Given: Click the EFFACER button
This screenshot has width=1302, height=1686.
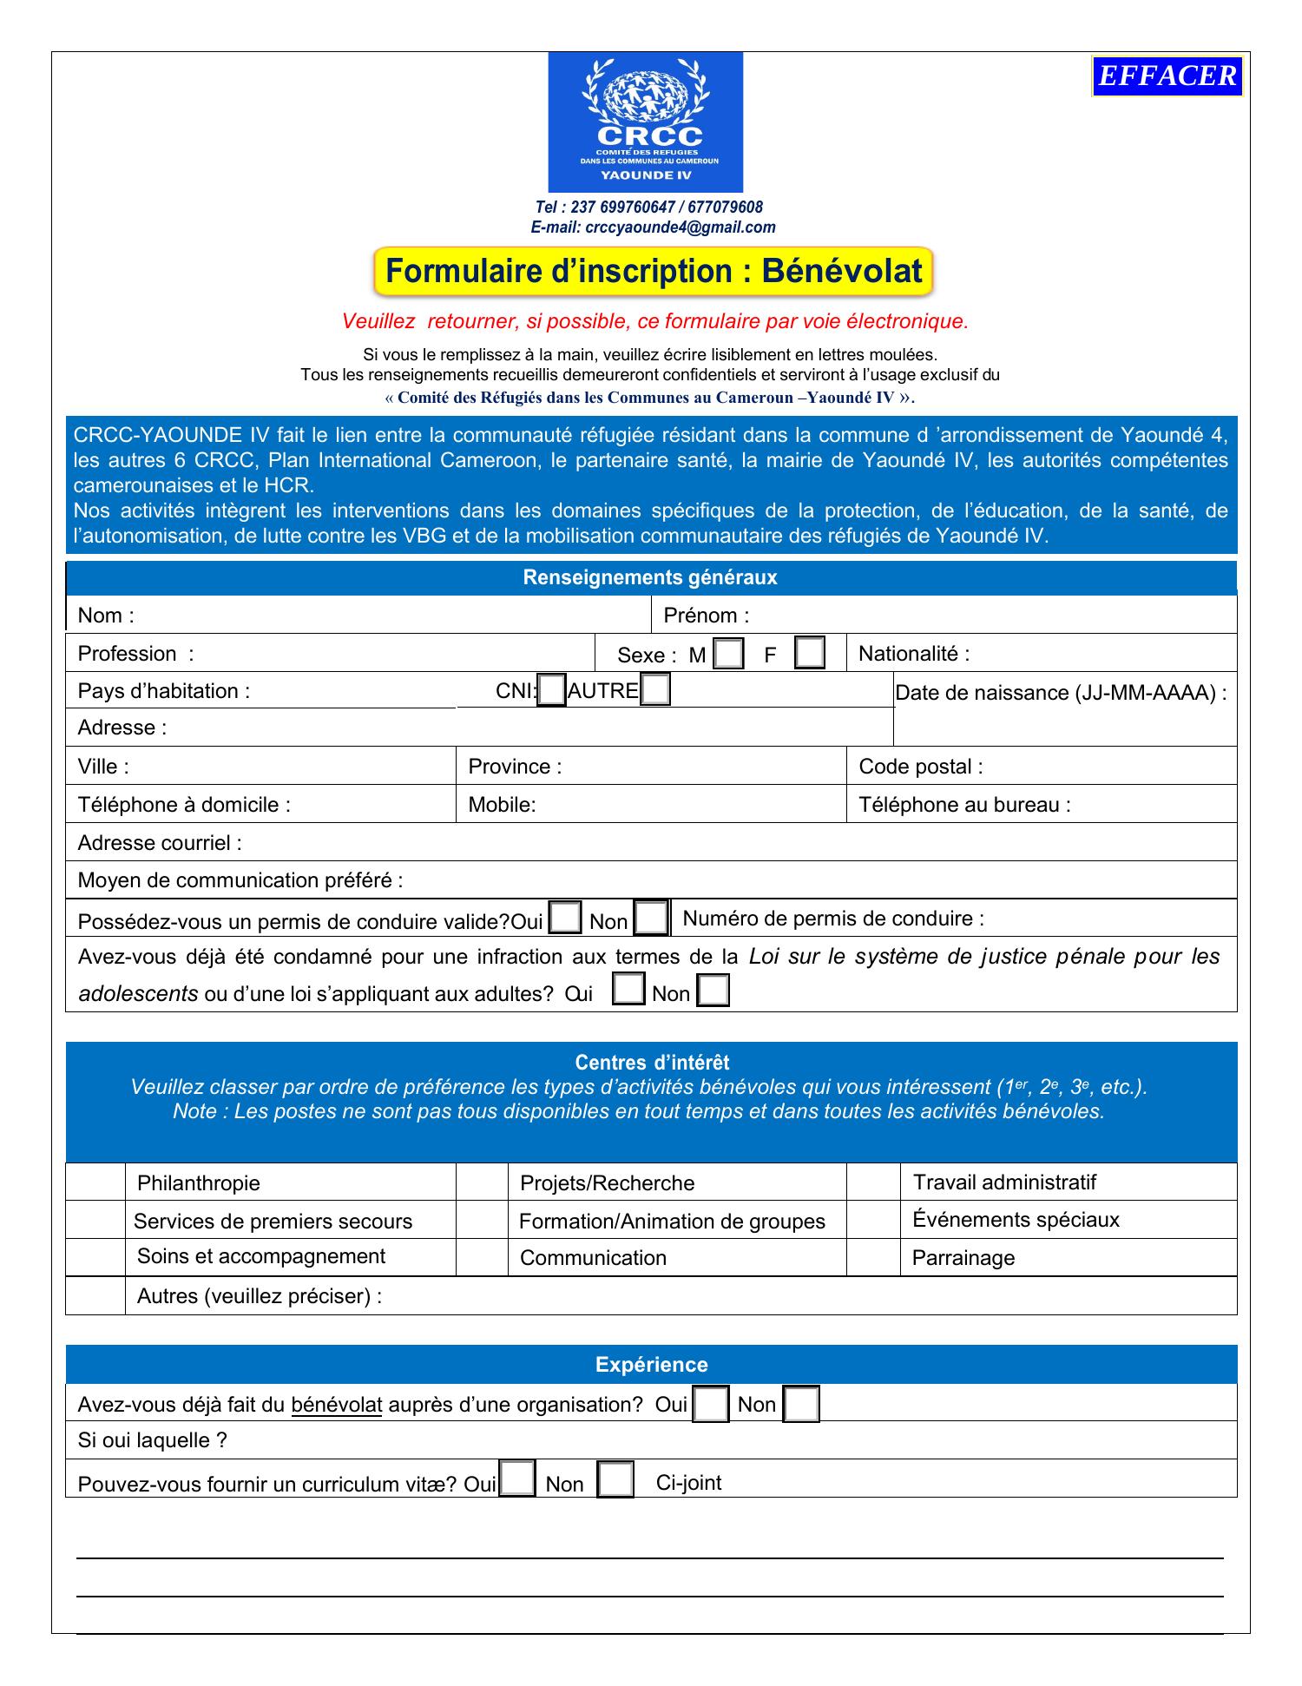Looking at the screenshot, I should point(1167,76).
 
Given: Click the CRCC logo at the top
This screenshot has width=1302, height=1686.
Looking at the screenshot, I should point(645,122).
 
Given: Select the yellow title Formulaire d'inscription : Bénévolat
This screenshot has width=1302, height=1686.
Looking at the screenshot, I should point(653,272).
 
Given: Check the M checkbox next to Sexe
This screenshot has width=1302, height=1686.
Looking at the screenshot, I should point(728,654).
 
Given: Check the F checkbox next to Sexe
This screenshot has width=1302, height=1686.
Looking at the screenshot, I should point(810,653).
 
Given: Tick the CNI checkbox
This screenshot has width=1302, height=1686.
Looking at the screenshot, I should point(551,691).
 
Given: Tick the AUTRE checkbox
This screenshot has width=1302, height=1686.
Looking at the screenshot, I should point(655,690).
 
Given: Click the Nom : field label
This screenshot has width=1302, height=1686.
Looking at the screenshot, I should point(106,616).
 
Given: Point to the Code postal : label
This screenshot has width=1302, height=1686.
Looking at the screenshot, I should point(921,767).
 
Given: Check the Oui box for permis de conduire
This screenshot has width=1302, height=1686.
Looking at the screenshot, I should point(566,919).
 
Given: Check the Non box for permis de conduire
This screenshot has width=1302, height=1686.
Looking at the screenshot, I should point(651,919).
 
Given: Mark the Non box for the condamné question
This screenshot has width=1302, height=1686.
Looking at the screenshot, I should point(713,991).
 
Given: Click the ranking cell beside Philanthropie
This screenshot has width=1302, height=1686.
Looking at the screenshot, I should point(95,1182).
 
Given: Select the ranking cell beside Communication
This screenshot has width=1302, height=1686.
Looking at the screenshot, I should point(482,1257).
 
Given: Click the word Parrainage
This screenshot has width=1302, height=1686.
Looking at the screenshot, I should point(963,1258).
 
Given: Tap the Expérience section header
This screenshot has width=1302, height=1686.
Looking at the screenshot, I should point(651,1365).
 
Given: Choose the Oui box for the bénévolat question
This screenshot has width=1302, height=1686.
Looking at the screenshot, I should point(711,1405).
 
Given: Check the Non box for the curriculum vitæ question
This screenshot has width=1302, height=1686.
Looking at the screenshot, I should point(615,1481).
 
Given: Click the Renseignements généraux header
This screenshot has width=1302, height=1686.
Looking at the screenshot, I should point(650,578).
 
